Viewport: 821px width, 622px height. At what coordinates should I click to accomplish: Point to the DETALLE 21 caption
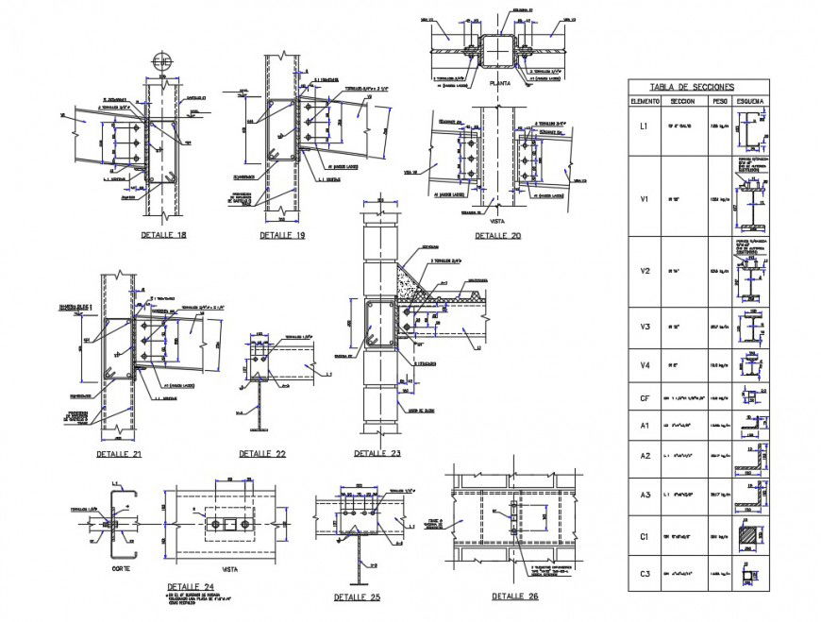119,454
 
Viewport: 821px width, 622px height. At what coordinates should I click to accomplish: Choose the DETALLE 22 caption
262,454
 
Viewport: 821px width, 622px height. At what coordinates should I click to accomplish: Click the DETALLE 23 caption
377,454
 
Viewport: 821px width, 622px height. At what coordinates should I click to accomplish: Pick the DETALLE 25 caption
358,597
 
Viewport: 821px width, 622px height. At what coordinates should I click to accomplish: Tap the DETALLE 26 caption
515,597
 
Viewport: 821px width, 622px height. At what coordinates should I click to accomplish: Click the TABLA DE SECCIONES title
698,85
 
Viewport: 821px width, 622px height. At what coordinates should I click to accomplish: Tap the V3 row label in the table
645,327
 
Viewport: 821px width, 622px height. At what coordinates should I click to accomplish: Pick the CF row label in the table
645,398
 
